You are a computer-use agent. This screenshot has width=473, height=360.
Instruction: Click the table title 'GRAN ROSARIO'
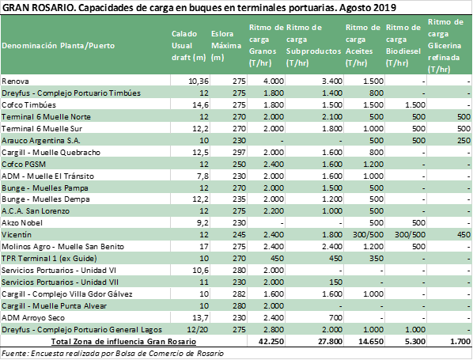click(38, 7)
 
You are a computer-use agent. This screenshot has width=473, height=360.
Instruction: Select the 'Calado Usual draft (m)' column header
click(188, 46)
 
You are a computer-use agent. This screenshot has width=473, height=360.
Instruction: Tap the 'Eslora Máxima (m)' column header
click(226, 46)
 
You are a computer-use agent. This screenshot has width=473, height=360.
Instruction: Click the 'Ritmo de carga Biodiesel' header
click(403, 45)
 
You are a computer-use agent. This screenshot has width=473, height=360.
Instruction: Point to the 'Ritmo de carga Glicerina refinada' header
click(445, 46)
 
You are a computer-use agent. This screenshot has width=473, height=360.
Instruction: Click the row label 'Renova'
click(15, 81)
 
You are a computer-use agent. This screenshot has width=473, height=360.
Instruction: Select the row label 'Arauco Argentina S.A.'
click(41, 141)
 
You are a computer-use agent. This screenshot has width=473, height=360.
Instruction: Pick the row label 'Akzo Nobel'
click(22, 223)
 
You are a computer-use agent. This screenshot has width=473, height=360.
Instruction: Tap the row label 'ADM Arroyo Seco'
click(33, 318)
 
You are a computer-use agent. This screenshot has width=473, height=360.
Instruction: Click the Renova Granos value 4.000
click(274, 81)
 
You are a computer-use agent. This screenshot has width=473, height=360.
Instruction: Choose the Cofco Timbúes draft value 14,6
click(200, 105)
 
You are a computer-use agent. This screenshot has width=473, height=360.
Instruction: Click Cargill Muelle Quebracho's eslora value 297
click(239, 153)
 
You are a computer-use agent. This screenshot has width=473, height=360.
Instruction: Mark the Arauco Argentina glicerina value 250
click(464, 141)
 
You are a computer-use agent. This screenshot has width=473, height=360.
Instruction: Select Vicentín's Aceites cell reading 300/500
click(368, 235)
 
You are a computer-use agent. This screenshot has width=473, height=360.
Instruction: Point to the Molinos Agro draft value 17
click(204, 247)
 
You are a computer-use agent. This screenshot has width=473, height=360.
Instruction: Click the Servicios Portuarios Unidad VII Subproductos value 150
click(335, 282)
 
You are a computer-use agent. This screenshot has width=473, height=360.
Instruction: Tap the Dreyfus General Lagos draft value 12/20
click(198, 329)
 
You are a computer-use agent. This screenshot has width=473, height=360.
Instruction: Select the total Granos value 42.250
click(271, 342)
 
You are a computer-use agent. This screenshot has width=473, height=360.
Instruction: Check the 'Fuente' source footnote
click(112, 354)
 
